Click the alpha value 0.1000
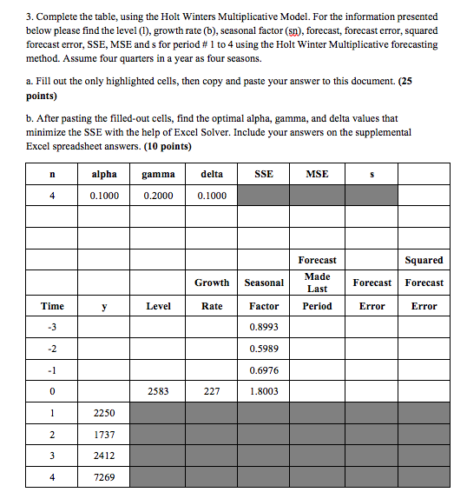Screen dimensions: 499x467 click(104, 196)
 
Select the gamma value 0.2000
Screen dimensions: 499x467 click(158, 196)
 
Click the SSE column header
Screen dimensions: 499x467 click(264, 174)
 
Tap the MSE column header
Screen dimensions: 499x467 click(317, 174)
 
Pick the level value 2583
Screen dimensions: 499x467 click(158, 392)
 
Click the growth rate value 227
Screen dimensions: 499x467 click(212, 392)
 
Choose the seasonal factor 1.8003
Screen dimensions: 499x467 click(264, 392)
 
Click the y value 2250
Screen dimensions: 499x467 click(104, 413)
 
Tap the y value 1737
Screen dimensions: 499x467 click(104, 434)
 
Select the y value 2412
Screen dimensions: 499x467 click(104, 455)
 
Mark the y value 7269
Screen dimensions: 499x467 click(104, 476)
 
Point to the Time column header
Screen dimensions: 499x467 click(52, 306)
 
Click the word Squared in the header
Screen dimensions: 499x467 click(424, 260)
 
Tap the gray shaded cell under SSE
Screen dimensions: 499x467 click(264, 196)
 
